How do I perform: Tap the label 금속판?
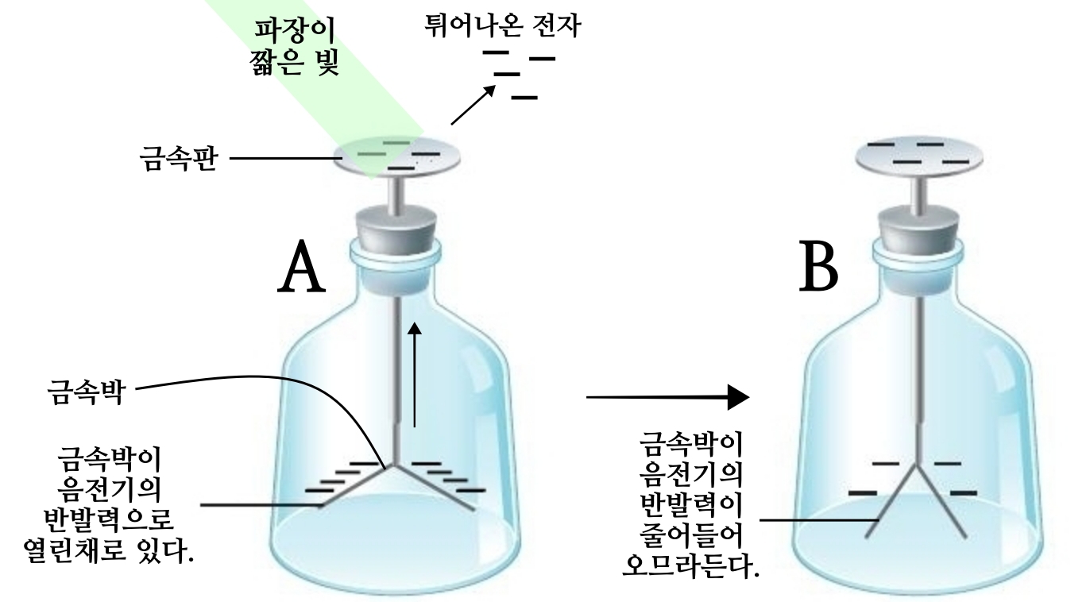pyautogui.click(x=177, y=159)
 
